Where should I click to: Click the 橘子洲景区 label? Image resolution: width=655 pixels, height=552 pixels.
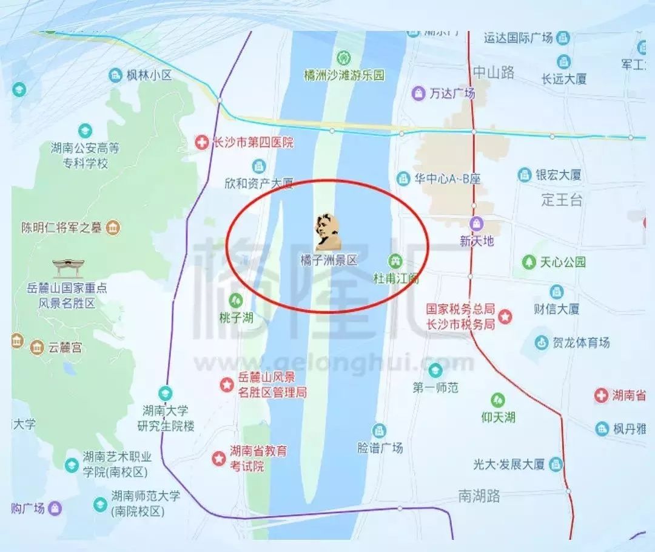click(x=329, y=260)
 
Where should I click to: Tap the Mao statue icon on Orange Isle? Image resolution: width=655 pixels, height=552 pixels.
click(x=327, y=231)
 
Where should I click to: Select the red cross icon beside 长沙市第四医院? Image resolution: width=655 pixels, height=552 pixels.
click(x=201, y=143)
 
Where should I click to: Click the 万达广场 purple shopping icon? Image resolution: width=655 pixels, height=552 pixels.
click(x=418, y=93)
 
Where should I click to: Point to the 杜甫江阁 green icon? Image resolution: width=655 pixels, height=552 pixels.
click(x=395, y=261)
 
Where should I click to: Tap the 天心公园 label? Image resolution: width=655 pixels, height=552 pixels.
click(x=563, y=262)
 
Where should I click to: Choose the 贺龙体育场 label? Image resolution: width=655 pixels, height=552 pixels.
click(x=580, y=342)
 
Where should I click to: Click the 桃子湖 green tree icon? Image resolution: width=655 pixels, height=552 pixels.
click(x=236, y=300)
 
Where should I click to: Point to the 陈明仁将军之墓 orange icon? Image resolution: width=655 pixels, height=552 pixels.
click(x=113, y=228)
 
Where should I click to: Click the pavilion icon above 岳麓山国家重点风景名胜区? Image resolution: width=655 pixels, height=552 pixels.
click(x=67, y=268)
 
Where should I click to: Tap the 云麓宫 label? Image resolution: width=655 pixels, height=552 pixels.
click(x=65, y=347)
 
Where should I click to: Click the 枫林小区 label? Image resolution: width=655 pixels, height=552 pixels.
click(x=149, y=75)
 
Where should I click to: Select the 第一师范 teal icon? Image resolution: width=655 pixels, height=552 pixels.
click(x=435, y=370)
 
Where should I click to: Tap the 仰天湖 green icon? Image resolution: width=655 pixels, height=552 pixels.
click(x=498, y=400)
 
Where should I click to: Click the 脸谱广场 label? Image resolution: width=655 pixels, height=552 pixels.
click(x=380, y=448)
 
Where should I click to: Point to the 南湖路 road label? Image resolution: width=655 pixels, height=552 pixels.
click(x=479, y=496)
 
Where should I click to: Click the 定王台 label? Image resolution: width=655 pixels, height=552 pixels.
click(x=562, y=199)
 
